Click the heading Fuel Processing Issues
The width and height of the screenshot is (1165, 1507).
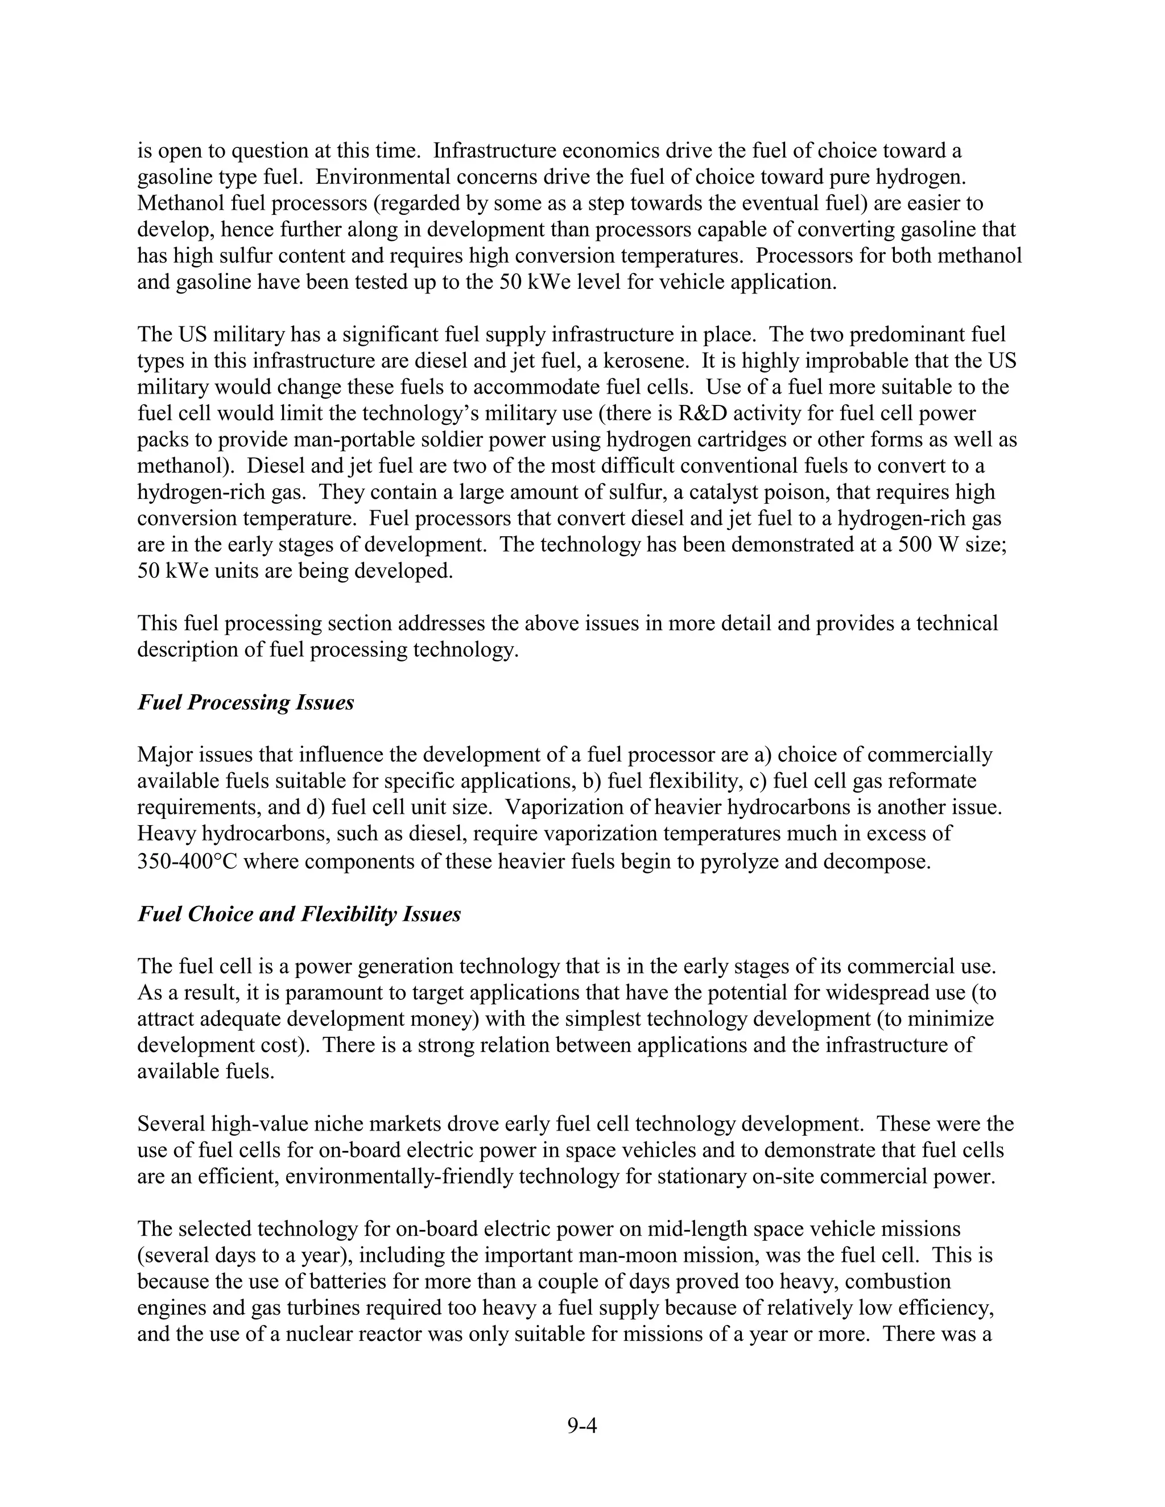tap(246, 702)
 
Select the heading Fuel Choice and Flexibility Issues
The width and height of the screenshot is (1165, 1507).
tap(299, 914)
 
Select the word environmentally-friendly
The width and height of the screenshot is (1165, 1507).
tap(398, 1177)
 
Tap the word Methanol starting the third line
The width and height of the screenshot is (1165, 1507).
tap(179, 204)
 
